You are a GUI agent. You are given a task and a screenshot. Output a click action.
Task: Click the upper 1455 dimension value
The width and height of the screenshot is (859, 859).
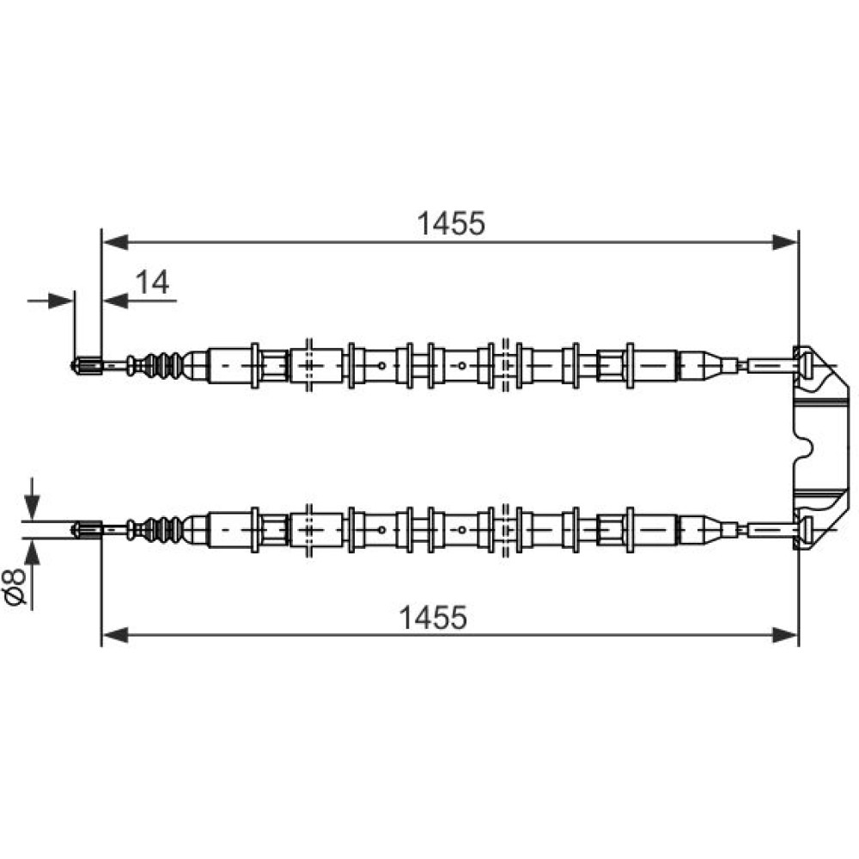tap(451, 223)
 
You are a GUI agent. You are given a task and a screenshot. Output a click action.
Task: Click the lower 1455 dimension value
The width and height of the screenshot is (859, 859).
tap(433, 618)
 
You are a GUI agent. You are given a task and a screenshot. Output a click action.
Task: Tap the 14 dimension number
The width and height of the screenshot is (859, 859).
tap(152, 283)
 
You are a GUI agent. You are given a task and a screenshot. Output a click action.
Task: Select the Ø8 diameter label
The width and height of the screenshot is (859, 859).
tap(15, 586)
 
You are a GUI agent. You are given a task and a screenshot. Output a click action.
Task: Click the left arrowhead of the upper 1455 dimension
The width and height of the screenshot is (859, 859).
tap(115, 241)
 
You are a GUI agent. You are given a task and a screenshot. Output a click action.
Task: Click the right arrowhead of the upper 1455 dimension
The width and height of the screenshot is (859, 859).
tap(784, 241)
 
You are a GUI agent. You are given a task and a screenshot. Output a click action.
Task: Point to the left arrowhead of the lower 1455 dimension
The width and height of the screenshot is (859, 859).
tap(115, 636)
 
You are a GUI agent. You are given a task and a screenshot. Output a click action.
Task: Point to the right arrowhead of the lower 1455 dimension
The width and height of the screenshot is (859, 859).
tap(784, 636)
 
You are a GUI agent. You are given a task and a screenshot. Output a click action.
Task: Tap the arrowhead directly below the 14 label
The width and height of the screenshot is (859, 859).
tap(115, 301)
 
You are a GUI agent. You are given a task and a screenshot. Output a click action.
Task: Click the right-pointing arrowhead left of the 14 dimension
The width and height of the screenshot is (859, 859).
tap(60, 301)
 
